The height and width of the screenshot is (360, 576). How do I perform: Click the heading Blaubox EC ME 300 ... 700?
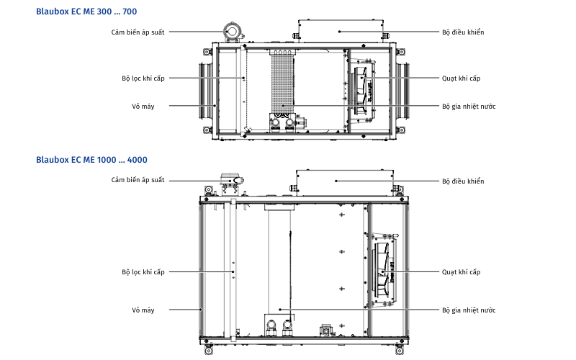tap(86, 12)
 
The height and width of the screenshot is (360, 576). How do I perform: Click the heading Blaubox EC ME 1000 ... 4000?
tap(91, 160)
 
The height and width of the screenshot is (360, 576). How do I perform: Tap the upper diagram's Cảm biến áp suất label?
tap(138, 32)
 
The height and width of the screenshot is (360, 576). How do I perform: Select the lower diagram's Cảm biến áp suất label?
tap(138, 180)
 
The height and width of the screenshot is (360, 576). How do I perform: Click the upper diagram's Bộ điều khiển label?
tap(463, 32)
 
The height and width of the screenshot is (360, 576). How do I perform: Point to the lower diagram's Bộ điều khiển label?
tap(463, 181)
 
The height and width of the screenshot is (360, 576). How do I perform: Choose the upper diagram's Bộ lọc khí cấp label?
tap(143, 78)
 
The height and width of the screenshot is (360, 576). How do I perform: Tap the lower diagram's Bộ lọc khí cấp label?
tap(143, 272)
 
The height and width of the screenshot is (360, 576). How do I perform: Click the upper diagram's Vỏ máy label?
tap(143, 107)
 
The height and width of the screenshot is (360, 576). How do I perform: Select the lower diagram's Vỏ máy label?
tap(143, 310)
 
